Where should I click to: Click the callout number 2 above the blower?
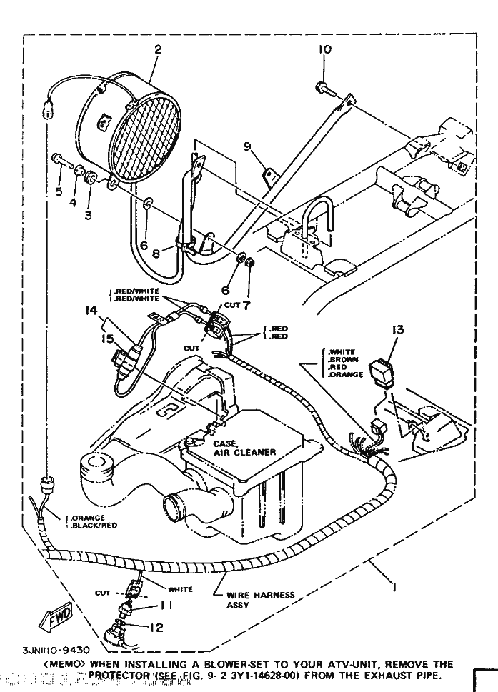(158, 50)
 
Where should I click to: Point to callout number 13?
(399, 329)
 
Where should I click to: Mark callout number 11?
(165, 605)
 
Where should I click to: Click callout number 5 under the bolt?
(59, 191)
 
